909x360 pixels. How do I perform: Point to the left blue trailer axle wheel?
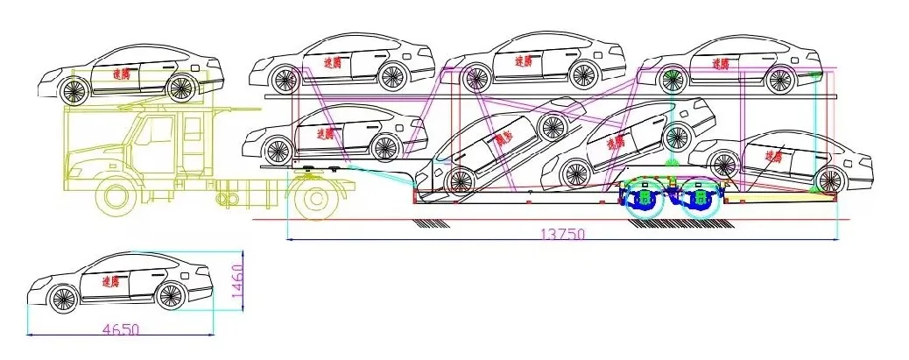(646, 201)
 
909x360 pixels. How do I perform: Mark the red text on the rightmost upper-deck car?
(722, 63)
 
